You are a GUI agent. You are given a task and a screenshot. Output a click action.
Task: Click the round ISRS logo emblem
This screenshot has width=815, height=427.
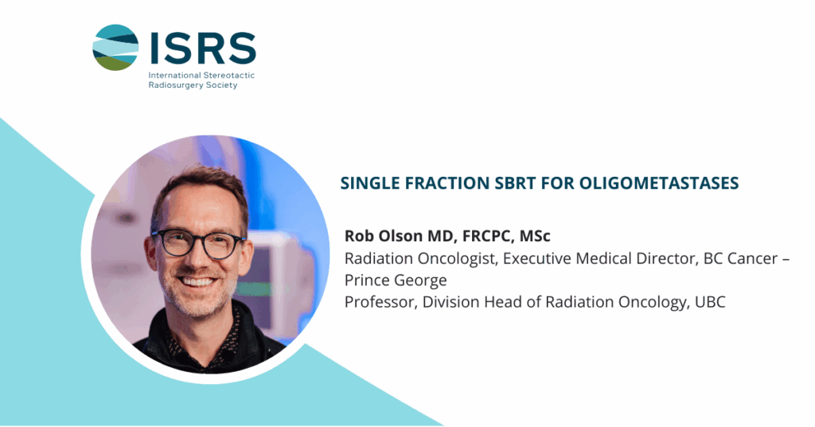(x=115, y=47)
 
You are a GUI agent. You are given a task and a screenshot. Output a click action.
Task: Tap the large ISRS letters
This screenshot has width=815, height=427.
(x=203, y=48)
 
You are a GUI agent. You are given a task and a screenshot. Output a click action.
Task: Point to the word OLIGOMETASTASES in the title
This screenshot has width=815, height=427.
(x=658, y=183)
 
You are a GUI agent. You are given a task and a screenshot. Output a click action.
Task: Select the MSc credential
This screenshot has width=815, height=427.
(x=535, y=236)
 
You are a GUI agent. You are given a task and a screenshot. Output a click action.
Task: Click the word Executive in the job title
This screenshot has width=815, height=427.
(x=534, y=258)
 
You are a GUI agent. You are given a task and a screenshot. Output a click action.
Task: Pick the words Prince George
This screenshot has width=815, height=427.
(x=396, y=280)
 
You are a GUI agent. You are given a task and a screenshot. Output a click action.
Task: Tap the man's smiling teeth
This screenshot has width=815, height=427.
(x=197, y=281)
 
